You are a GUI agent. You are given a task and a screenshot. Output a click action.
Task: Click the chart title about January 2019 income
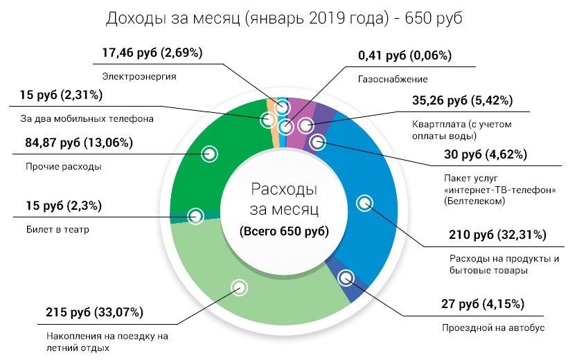(284, 19)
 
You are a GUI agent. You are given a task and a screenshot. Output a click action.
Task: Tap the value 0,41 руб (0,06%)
(404, 55)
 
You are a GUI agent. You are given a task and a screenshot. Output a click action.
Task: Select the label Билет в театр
(57, 229)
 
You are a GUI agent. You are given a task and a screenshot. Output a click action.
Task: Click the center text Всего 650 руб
(284, 231)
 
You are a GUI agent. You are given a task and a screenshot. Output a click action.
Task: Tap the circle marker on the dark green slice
(208, 154)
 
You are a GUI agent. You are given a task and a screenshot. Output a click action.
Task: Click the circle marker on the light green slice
(239, 287)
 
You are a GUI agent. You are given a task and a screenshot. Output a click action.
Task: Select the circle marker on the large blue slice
(364, 203)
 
